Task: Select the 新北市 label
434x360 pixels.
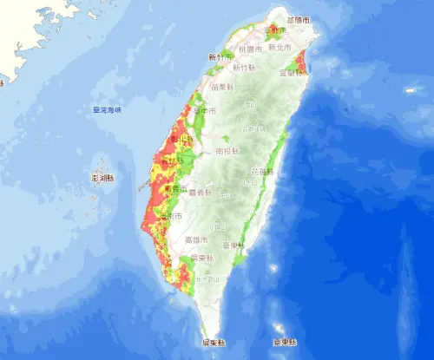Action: pyautogui.click(x=279, y=49)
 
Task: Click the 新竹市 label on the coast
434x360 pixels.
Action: pyautogui.click(x=218, y=57)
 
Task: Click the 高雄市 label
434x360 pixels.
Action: pyautogui.click(x=194, y=239)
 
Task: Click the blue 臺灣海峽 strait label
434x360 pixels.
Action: pyautogui.click(x=108, y=110)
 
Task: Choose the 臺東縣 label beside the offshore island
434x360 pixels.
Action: pyautogui.click(x=283, y=342)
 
